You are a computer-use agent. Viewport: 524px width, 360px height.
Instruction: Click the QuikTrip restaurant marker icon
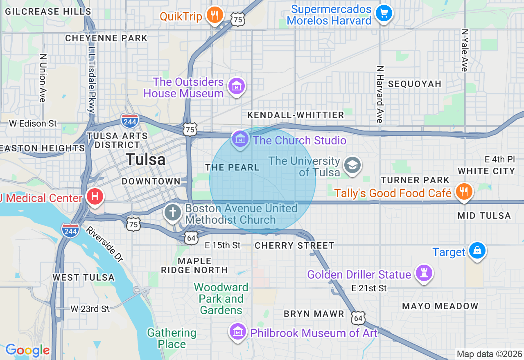pyautogui.click(x=214, y=15)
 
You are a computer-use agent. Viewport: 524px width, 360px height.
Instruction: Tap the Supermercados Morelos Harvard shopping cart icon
pyautogui.click(x=384, y=13)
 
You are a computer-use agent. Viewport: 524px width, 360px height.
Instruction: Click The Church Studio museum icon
pyautogui.click(x=240, y=139)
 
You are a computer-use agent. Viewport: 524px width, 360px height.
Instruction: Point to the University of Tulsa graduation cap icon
pyautogui.click(x=352, y=165)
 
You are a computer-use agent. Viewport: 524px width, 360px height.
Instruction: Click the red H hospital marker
pyautogui.click(x=95, y=197)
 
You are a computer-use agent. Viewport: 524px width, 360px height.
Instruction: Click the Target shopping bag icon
pyautogui.click(x=477, y=250)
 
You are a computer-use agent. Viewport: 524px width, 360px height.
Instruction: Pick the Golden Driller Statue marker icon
pyautogui.click(x=424, y=272)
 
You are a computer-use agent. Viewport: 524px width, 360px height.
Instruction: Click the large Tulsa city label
pyautogui.click(x=146, y=160)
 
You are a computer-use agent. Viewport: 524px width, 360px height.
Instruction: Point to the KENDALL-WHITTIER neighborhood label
pyautogui.click(x=296, y=115)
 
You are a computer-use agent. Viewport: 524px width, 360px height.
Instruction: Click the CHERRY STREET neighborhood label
pyautogui.click(x=294, y=245)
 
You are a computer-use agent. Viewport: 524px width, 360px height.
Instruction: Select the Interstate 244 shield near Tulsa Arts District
pyautogui.click(x=130, y=120)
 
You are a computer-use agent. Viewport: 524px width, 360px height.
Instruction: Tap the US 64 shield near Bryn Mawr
pyautogui.click(x=358, y=317)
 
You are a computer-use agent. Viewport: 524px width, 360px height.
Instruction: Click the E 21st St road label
pyautogui.click(x=369, y=288)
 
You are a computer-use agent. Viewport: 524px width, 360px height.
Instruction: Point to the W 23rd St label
pyautogui.click(x=90, y=309)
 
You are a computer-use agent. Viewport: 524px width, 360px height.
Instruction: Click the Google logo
pyautogui.click(x=27, y=351)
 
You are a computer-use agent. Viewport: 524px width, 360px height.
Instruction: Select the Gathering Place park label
pyautogui.click(x=172, y=338)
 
